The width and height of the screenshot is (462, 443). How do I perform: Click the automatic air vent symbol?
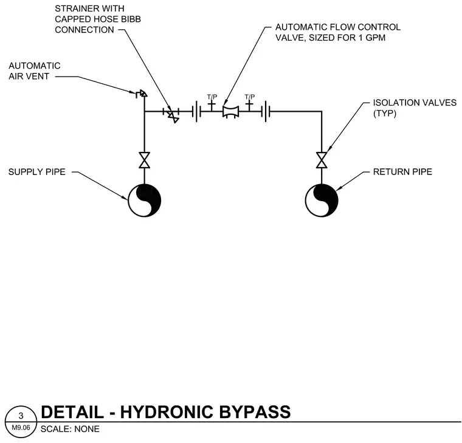(x=142, y=94)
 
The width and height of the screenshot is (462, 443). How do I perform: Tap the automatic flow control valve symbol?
(x=231, y=112)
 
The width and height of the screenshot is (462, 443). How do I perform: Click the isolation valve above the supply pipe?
(x=145, y=160)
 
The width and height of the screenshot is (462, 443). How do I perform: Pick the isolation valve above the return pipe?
(x=322, y=160)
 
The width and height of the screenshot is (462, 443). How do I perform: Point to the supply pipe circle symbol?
(x=145, y=201)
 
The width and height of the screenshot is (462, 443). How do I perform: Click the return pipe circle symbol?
(x=322, y=201)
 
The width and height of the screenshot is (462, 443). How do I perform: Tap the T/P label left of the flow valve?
(x=212, y=97)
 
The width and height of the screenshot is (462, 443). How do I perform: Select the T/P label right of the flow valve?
(x=250, y=97)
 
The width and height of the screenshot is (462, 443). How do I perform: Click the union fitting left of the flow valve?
(x=196, y=111)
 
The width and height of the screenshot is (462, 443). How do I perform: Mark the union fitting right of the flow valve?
(x=266, y=111)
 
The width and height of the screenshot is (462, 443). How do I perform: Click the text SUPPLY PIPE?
(x=37, y=172)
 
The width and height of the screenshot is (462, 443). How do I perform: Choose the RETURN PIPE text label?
(x=402, y=172)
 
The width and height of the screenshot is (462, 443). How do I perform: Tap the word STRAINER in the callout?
(x=74, y=9)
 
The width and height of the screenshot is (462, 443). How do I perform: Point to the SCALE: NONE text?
(x=70, y=429)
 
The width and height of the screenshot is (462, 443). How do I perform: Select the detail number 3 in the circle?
(x=21, y=416)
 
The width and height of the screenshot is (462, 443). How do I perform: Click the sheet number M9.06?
(x=21, y=427)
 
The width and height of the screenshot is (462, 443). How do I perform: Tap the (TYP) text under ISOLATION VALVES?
(x=385, y=114)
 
